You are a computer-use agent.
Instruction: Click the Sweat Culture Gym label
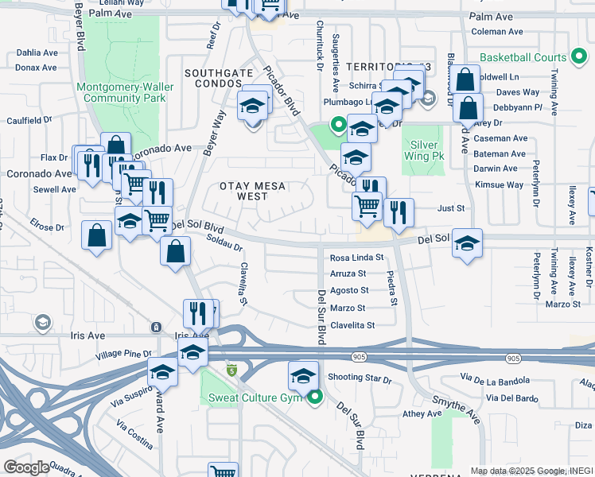257,397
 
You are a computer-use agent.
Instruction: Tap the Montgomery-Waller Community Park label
121,92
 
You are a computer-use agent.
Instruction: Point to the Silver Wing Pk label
424,150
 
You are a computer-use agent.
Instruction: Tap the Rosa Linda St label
356,258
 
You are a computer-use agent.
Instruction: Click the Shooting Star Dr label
360,378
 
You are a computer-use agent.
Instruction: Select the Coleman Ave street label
496,32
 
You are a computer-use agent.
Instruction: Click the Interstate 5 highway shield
231,370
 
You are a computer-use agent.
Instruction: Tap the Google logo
26,467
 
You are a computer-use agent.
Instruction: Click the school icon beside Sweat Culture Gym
303,376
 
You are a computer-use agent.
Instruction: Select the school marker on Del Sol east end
467,243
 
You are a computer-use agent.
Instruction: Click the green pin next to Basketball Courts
581,57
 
